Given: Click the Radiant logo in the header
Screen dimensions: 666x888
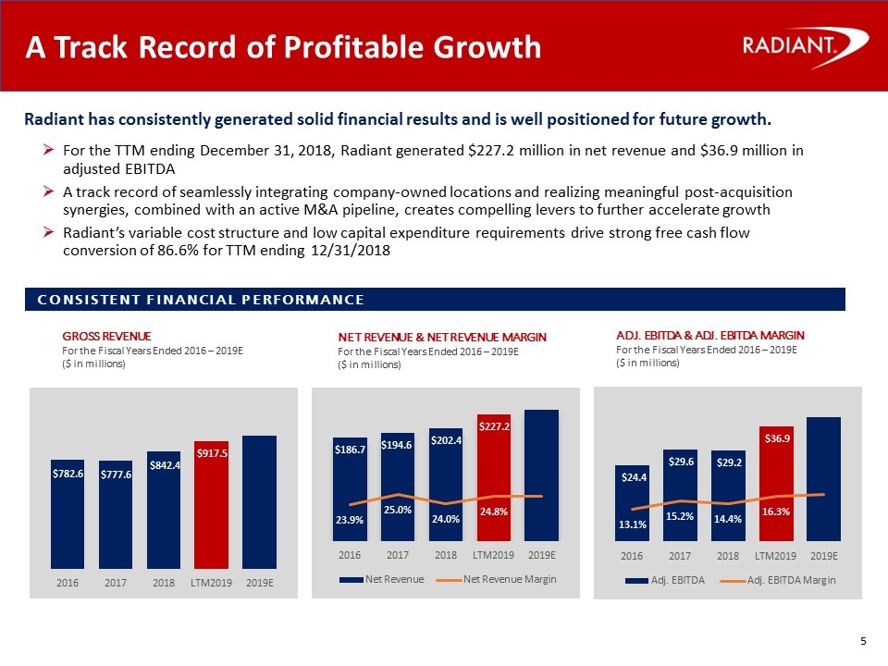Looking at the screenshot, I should coord(804,46).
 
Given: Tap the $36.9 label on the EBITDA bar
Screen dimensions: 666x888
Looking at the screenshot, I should coord(777,438).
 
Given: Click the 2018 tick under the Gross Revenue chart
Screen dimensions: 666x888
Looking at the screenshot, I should coord(163,583).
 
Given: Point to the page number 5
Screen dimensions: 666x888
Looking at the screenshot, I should coord(863,643).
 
